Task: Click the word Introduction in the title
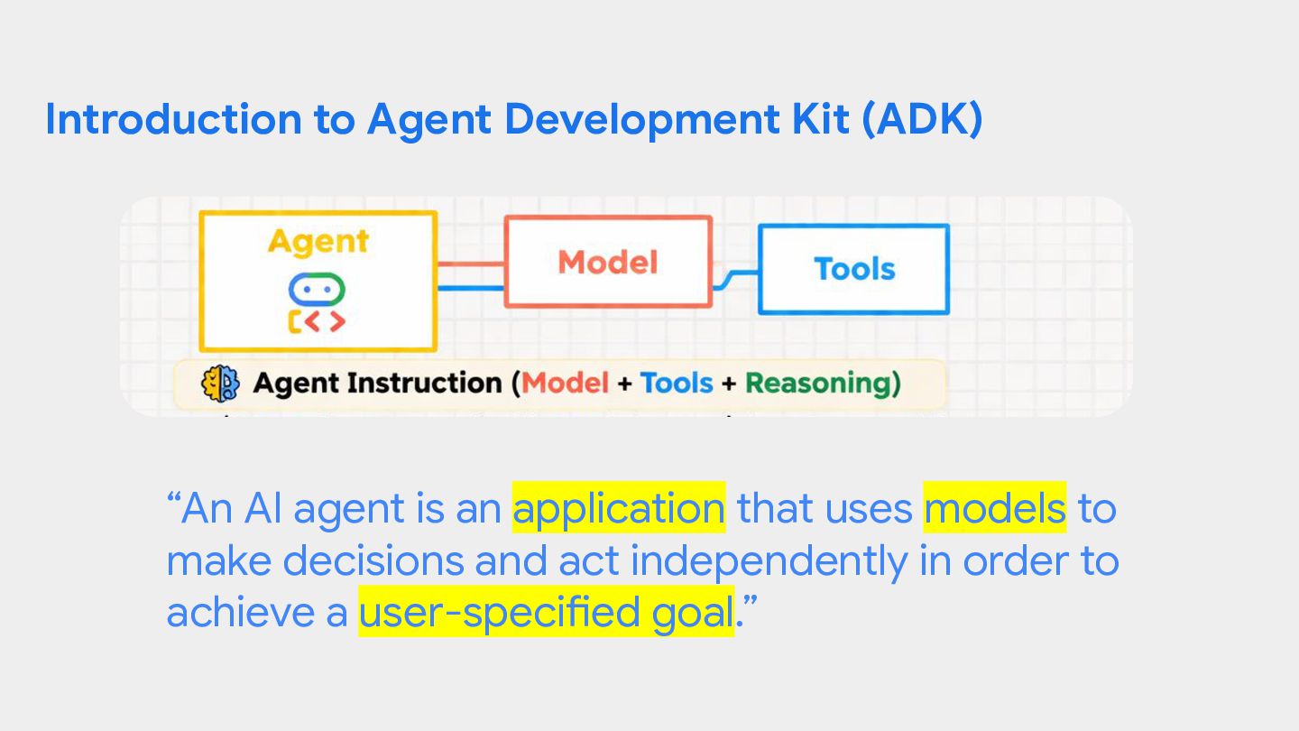click(x=173, y=119)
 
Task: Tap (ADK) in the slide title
click(x=923, y=119)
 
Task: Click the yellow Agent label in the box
click(x=318, y=241)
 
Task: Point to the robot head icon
click(x=317, y=289)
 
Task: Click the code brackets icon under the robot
click(x=317, y=321)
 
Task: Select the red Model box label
click(x=608, y=263)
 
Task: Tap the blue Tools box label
click(x=855, y=269)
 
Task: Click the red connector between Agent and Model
click(x=471, y=264)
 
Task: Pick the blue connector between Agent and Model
click(x=471, y=288)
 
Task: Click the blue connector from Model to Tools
click(x=735, y=279)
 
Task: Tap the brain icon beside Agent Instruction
click(x=220, y=383)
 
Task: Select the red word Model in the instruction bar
click(x=565, y=384)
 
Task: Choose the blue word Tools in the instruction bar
click(x=677, y=384)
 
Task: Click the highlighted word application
click(x=619, y=508)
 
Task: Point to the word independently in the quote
click(x=769, y=560)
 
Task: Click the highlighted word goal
click(x=693, y=613)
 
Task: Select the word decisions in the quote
click(x=373, y=560)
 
